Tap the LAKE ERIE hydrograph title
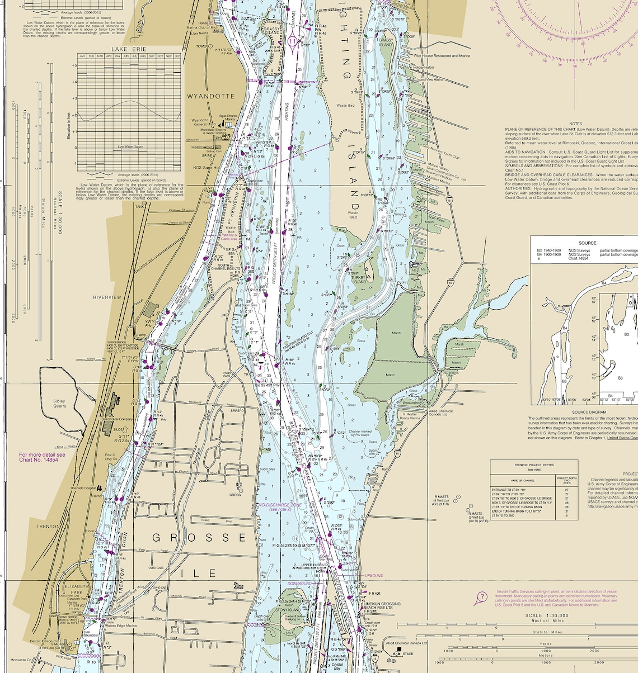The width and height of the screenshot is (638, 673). click(129, 49)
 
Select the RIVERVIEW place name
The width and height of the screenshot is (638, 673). click(107, 297)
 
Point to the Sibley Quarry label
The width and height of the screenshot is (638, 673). click(59, 404)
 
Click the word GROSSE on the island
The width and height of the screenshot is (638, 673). click(199, 538)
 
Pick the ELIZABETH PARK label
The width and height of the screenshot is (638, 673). click(77, 589)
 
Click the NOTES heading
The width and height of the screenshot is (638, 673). click(575, 124)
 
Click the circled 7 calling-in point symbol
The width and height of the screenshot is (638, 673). click(480, 598)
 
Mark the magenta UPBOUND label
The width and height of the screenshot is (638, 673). click(374, 575)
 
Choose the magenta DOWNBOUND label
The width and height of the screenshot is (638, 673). click(300, 584)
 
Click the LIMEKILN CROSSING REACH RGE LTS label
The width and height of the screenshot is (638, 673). click(382, 606)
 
